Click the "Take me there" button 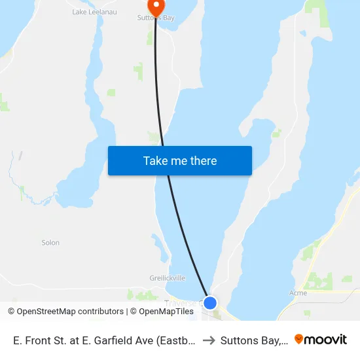coord(180,160)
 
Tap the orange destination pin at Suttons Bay coord(156,7)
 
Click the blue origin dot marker coord(210,302)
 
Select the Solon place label coord(50,243)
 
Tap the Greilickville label coord(167,278)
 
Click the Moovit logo coord(320,339)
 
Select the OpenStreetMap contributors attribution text coord(70,312)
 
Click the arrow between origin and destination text coord(208,340)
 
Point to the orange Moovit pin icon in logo coord(299,339)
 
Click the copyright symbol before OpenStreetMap coord(12,312)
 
